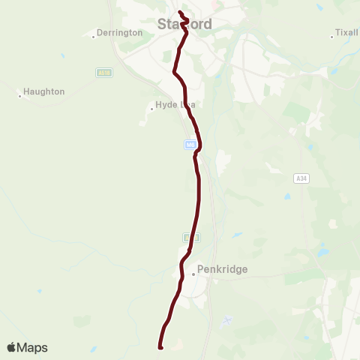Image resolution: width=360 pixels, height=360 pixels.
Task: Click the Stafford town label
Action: point(184,24)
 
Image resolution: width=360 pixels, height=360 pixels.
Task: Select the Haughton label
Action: point(44,91)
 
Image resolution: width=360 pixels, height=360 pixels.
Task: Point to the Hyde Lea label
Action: point(175,105)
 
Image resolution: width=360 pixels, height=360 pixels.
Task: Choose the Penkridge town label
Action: point(222,268)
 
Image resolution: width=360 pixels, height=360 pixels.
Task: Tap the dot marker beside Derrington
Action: point(94,34)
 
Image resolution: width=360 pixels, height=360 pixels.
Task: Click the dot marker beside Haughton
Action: point(20,95)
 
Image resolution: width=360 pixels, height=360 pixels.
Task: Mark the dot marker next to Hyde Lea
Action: point(151,108)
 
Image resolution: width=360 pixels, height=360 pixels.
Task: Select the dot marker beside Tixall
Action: point(332,36)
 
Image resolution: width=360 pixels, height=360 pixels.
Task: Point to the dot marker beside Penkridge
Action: point(193,274)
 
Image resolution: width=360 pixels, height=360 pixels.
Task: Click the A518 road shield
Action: point(103,73)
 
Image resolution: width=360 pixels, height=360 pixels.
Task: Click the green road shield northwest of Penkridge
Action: point(187,237)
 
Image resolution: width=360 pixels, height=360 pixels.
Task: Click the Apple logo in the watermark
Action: point(12,347)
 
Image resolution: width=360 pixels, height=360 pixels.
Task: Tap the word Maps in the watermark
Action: point(33,347)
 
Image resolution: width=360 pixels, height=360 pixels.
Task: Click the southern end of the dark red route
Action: point(160,346)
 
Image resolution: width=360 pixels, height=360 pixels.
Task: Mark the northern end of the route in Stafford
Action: point(180,13)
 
